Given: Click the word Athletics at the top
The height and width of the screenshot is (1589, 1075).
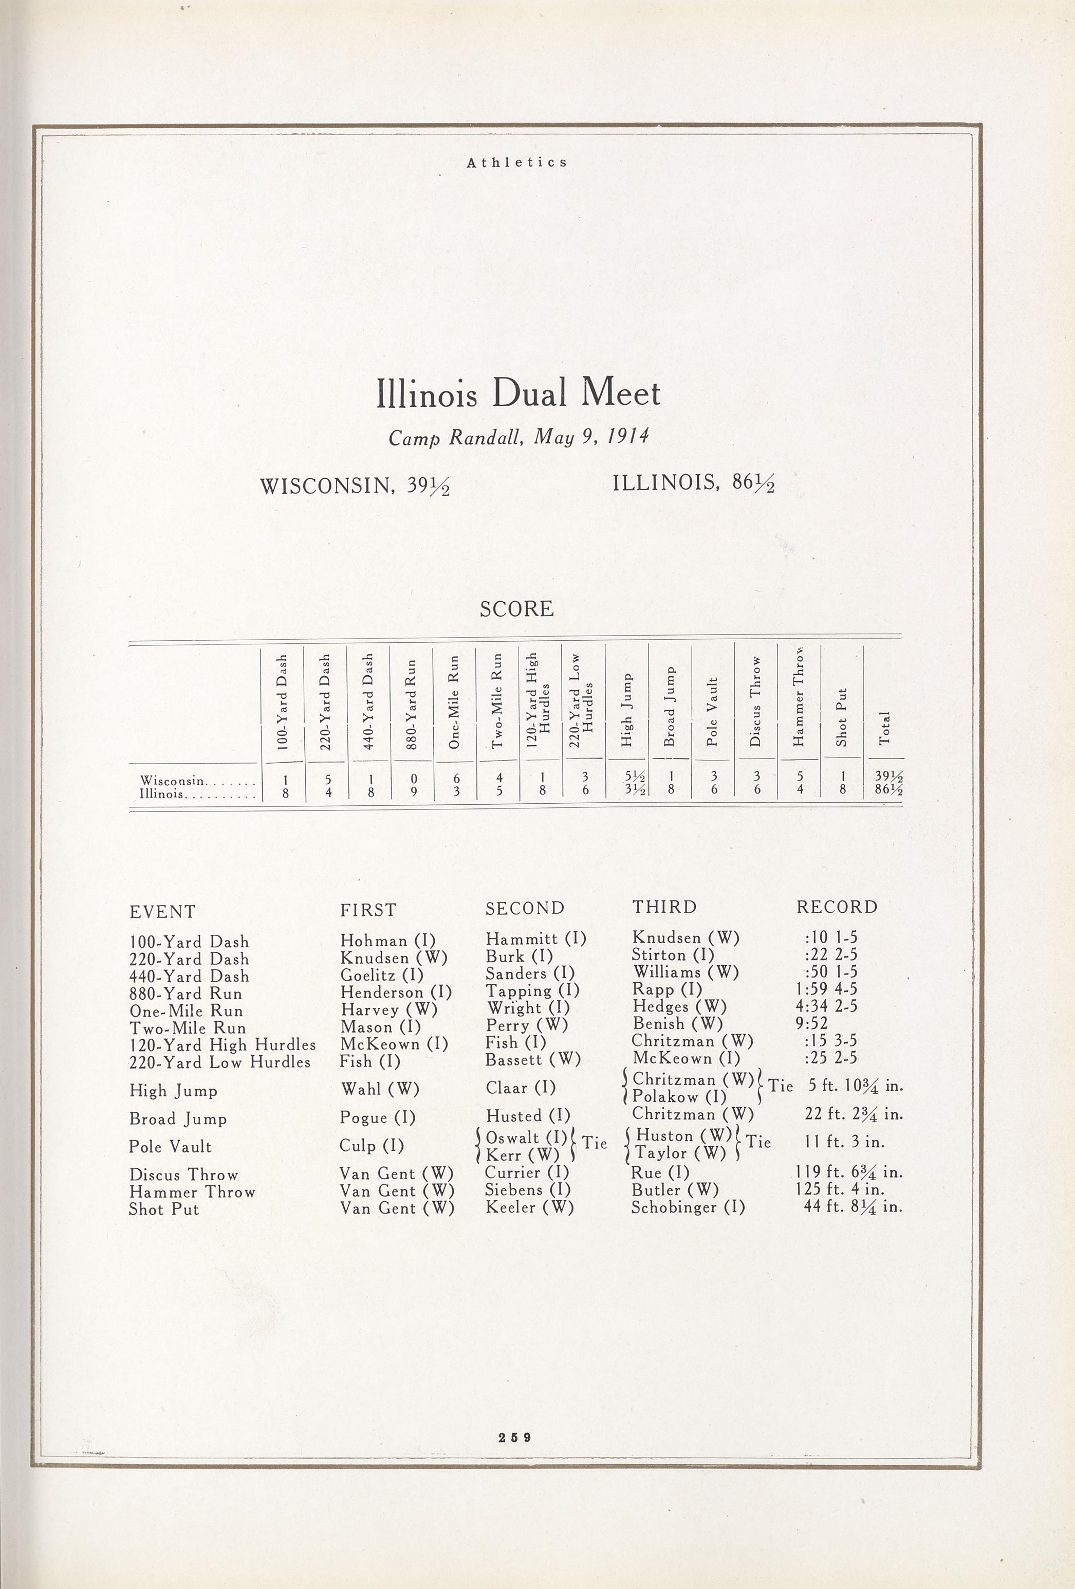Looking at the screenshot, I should pyautogui.click(x=516, y=162).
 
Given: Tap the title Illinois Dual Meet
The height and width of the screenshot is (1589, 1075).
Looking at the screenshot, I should pyautogui.click(x=518, y=394).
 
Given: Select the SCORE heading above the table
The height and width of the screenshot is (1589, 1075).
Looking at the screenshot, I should pyautogui.click(x=516, y=608).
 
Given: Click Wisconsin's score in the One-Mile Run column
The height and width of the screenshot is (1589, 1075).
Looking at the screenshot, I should pyautogui.click(x=456, y=779).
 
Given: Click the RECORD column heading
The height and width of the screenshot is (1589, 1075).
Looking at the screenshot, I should pyautogui.click(x=837, y=907).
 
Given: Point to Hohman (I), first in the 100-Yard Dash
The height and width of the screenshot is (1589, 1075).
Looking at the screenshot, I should pyautogui.click(x=387, y=941).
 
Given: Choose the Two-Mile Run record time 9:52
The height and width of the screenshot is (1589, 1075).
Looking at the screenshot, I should pyautogui.click(x=811, y=1023).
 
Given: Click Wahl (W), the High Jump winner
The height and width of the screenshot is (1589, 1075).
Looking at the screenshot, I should pyautogui.click(x=379, y=1089).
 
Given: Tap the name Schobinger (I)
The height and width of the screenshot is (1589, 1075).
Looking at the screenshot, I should pyautogui.click(x=688, y=1207).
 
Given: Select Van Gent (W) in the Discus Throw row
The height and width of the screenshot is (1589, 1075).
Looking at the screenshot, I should pyautogui.click(x=396, y=1173).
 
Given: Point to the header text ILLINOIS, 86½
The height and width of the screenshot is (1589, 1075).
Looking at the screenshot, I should pyautogui.click(x=693, y=483).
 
